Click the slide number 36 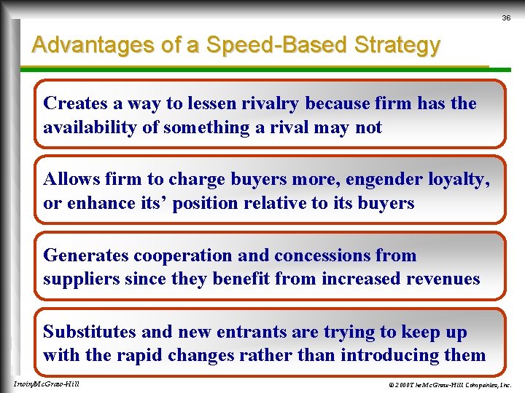coord(506,17)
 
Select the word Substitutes coord(90,332)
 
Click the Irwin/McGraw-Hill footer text coord(46,384)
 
